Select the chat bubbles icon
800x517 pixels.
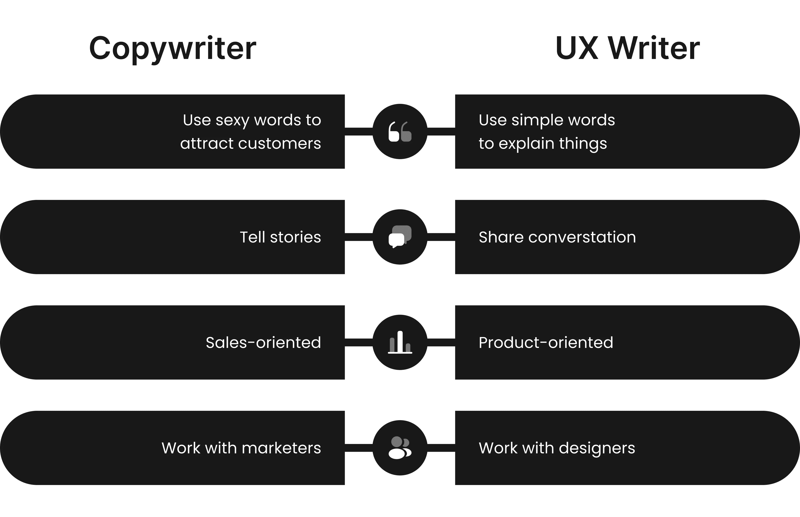400,237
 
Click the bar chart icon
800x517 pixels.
400,342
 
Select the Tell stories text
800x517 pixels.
280,237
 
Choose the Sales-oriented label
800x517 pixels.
263,342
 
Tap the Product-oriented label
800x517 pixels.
546,342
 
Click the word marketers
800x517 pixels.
281,448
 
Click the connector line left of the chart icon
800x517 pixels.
359,342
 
